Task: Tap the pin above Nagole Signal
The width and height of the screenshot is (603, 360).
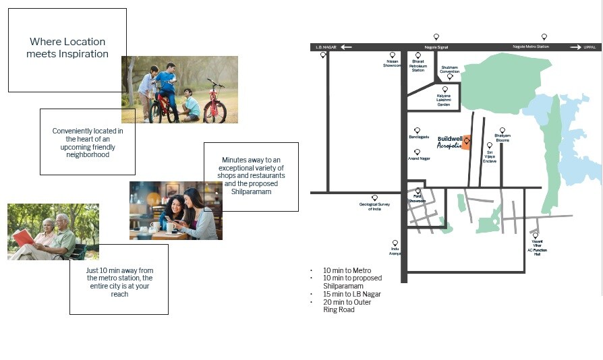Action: point(436,36)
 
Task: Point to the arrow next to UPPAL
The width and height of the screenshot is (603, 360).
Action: point(575,47)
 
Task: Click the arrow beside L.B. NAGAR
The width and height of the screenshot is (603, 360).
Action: point(346,47)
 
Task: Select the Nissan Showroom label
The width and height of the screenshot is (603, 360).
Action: point(393,65)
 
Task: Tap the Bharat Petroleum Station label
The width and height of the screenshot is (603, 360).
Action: point(418,65)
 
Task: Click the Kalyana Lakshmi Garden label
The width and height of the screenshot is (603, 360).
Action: point(444,101)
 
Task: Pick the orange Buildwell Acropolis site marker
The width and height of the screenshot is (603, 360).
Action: point(466,142)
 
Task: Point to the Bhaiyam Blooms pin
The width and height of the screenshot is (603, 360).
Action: point(502,130)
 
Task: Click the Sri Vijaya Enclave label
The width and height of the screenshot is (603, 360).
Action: point(490,158)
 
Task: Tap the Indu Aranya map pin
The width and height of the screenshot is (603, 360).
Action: point(395,243)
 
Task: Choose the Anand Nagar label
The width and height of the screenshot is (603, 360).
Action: point(419,158)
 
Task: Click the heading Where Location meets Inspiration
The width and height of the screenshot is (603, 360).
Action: point(67,48)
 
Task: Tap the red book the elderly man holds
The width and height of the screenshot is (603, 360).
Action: point(23,237)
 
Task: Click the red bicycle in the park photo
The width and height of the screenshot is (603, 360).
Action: point(215,105)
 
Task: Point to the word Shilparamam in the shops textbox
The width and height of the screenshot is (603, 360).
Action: point(251,192)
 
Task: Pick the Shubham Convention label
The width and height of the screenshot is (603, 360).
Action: point(449,69)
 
